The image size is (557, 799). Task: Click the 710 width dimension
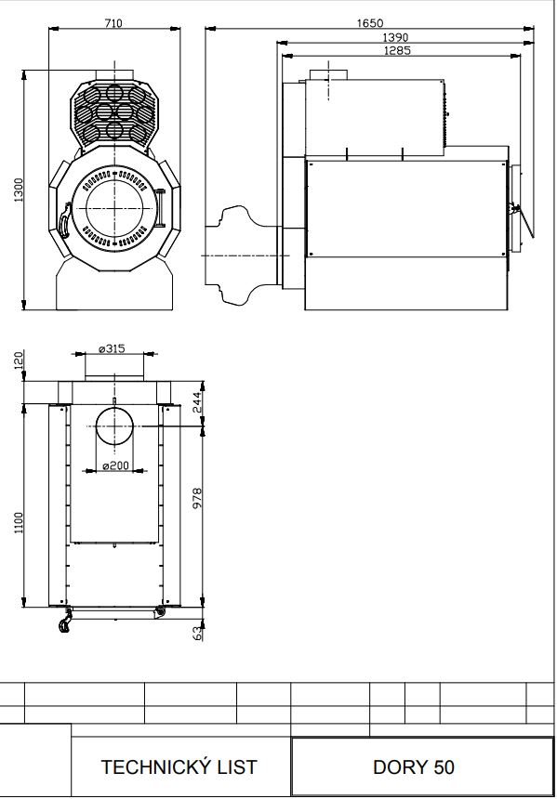pyautogui.click(x=113, y=23)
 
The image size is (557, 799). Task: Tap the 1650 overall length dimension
pyautogui.click(x=370, y=23)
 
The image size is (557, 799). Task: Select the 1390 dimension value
pyautogui.click(x=395, y=37)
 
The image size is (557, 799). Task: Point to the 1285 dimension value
pyautogui.click(x=398, y=50)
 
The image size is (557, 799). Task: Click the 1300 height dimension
pyautogui.click(x=19, y=190)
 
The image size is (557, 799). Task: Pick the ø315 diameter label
pyautogui.click(x=112, y=349)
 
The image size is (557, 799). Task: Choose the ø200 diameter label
pyautogui.click(x=115, y=465)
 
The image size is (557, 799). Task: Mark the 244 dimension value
pyautogui.click(x=197, y=402)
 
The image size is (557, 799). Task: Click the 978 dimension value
pyautogui.click(x=197, y=498)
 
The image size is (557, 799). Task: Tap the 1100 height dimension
pyautogui.click(x=19, y=523)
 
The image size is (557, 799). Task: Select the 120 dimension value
pyautogui.click(x=19, y=360)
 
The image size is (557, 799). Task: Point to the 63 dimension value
pyautogui.click(x=198, y=634)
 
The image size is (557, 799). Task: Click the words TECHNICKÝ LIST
pyautogui.click(x=179, y=766)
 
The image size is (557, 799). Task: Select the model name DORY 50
pyautogui.click(x=413, y=766)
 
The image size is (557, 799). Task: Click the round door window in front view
pyautogui.click(x=114, y=208)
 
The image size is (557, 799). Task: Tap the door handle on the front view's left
pyautogui.click(x=65, y=220)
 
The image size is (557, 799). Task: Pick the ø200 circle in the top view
pyautogui.click(x=114, y=426)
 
